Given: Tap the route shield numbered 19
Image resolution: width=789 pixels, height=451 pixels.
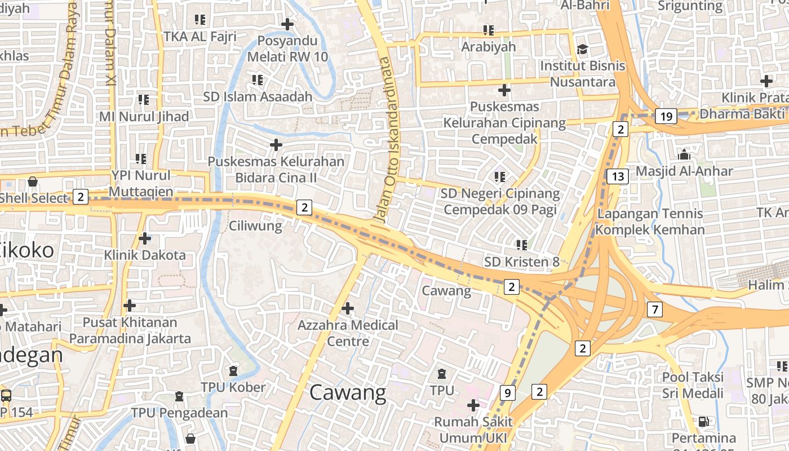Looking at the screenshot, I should coord(666,117).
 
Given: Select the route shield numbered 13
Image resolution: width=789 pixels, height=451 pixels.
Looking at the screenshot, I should coord(618,176).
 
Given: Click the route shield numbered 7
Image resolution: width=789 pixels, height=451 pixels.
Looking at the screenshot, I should coord(654,309).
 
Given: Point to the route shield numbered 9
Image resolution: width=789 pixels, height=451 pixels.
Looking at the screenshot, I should coord(507,393).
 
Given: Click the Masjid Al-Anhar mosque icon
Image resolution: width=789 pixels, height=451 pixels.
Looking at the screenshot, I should coord(684,154).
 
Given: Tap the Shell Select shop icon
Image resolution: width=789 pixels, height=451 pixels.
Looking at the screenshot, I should coord(33,182).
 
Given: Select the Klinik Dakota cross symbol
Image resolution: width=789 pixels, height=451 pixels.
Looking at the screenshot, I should coord(145,238).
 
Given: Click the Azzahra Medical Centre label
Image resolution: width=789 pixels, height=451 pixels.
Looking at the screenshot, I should coord(348,333).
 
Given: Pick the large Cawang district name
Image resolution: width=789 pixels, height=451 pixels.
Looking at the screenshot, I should coord(348,393).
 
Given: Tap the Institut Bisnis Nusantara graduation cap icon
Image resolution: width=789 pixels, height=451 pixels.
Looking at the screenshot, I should coord(582,50).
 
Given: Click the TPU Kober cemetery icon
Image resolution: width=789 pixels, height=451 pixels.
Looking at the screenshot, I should coord(233,371).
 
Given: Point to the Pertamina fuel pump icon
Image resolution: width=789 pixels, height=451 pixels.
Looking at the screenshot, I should coord(703,421).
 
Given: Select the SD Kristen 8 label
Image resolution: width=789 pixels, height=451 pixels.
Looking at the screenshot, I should coord(522,262).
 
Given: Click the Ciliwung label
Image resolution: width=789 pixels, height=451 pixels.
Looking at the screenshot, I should coord(255,226).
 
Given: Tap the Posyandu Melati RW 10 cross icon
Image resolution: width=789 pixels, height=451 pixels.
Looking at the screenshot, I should coord(287,24).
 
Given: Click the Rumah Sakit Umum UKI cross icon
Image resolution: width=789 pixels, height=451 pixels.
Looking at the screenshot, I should coord(473,405).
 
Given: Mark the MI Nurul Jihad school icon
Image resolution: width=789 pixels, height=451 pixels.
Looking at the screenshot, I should coord(144,100).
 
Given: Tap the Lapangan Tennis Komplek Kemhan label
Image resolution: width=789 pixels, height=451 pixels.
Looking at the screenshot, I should coord(650,222).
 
